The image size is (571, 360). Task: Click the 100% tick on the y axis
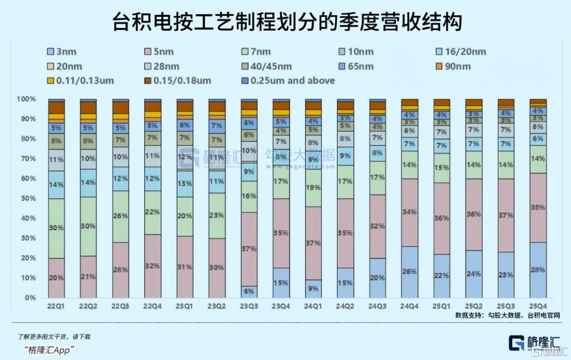click(x=26, y=99)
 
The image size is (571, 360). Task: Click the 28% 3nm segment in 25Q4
click(x=538, y=270)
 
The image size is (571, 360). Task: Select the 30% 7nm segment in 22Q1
click(x=56, y=228)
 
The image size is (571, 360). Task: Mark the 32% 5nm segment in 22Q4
click(x=153, y=266)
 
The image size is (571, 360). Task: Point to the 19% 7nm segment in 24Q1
click(x=314, y=188)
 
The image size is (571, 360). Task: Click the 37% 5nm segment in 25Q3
click(x=506, y=216)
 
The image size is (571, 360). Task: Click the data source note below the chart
click(x=507, y=315)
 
